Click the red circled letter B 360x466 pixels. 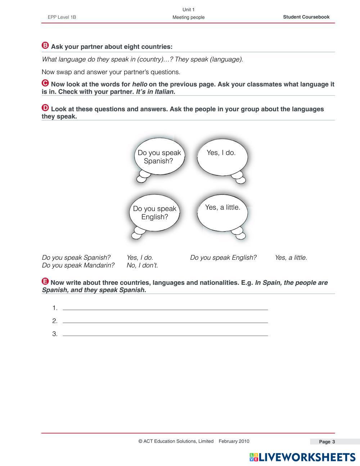coord(45,45)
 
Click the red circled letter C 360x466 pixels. coord(45,83)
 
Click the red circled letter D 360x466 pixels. coord(45,108)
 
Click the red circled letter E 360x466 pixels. coord(45,281)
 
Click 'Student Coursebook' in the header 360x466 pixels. coord(306,17)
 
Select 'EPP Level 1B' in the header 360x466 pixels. coord(62,17)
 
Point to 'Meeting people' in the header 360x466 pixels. coord(188,17)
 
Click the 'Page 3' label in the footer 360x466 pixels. coord(327,442)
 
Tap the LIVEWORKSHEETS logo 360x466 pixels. coord(302,457)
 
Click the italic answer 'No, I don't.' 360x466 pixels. coord(142,265)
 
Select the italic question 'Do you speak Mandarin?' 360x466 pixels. coord(78,265)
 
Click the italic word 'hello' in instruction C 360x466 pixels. coord(140,84)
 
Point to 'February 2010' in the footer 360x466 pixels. coord(234,441)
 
